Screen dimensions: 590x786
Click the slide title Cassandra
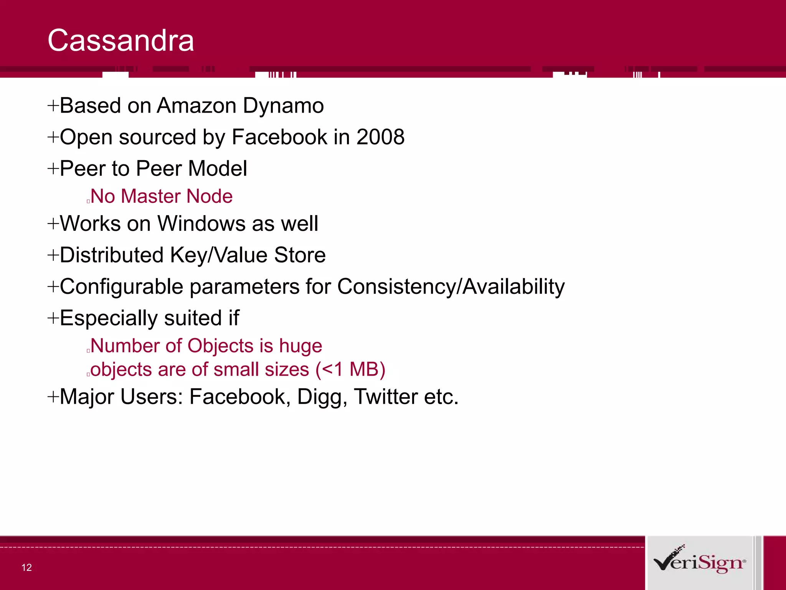pyautogui.click(x=121, y=41)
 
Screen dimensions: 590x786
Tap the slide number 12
pyautogui.click(x=26, y=567)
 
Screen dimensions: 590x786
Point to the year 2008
pyautogui.click(x=380, y=137)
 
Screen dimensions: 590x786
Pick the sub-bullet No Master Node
pyautogui.click(x=161, y=196)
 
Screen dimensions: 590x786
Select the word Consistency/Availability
pyautogui.click(x=451, y=287)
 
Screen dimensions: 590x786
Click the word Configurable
pyautogui.click(x=121, y=287)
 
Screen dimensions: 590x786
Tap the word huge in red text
pyautogui.click(x=301, y=346)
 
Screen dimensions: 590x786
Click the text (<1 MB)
pyautogui.click(x=350, y=370)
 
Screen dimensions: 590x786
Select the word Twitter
pyautogui.click(x=386, y=397)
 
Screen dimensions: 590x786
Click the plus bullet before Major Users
pyautogui.click(x=53, y=396)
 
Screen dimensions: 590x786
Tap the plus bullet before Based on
pyautogui.click(x=53, y=105)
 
